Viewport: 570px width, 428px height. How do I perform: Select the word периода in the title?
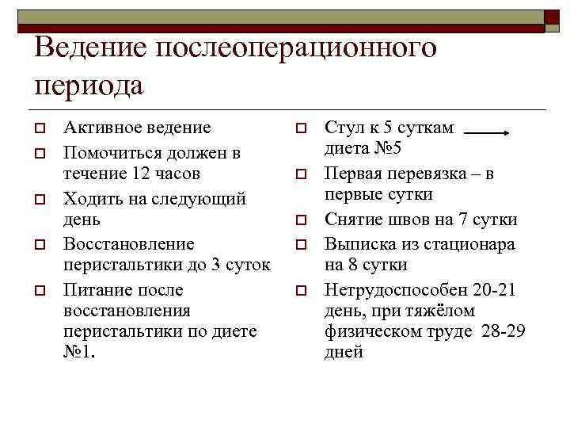(89, 84)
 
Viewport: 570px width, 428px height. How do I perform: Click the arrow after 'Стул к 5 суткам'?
(485, 134)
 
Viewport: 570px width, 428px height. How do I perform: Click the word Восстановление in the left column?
(128, 243)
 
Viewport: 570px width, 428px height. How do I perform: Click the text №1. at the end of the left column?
(79, 352)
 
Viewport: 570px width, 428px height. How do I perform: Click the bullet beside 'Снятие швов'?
(301, 220)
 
